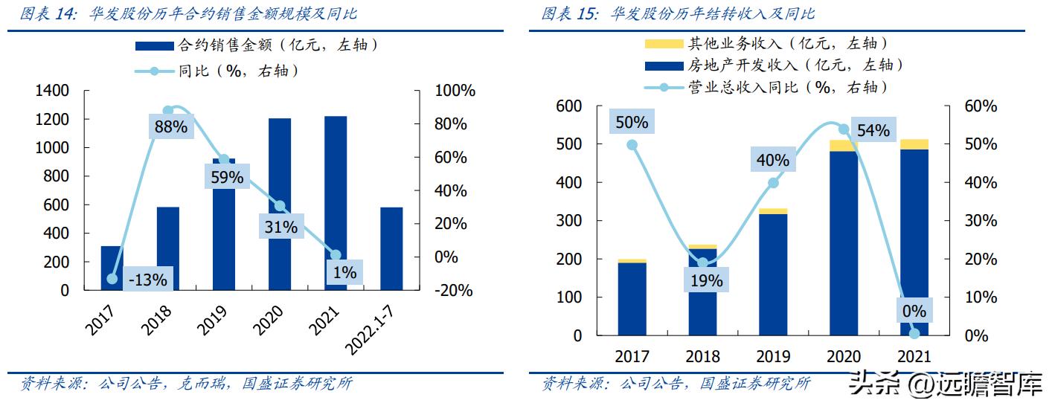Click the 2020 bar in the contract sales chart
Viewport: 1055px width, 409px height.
coord(280,204)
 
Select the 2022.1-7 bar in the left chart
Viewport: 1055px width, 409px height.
coord(391,248)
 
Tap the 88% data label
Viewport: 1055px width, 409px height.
coord(170,127)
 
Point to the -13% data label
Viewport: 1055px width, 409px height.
coord(147,280)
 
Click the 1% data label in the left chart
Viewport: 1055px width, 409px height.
coord(344,273)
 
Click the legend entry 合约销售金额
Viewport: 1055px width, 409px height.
coord(257,45)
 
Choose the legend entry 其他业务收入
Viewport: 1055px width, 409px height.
coord(766,45)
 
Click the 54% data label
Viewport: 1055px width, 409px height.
coord(873,130)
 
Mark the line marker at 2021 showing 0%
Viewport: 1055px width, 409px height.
coord(914,333)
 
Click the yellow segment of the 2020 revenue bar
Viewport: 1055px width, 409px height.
coord(844,146)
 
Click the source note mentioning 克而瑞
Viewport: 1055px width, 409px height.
coord(186,384)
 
